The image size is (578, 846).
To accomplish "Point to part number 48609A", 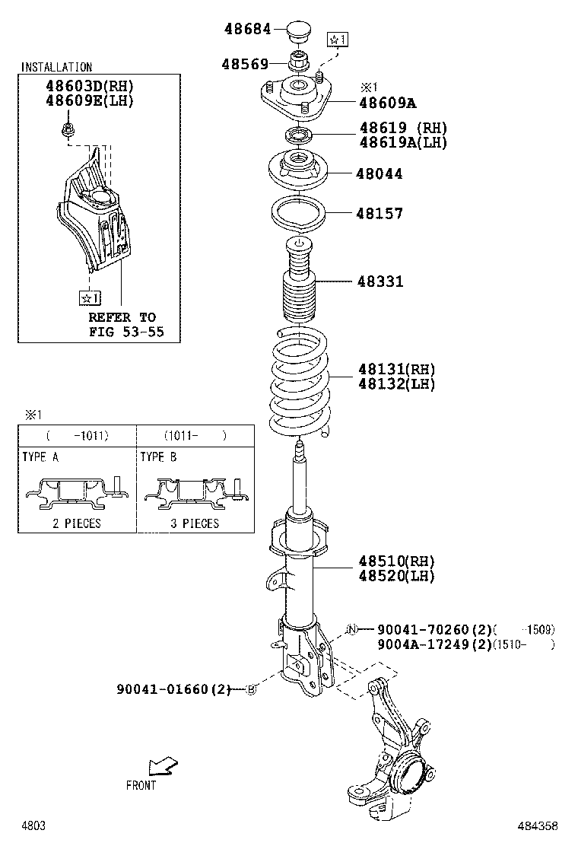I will pos(388,103).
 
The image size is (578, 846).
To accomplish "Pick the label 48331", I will pos(380,281).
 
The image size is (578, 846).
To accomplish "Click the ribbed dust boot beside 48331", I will pos(298,293).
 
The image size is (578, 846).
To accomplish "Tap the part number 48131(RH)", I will pos(396,370).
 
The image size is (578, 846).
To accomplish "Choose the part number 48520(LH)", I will pos(396,576).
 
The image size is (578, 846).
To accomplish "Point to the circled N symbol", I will pos(351,629).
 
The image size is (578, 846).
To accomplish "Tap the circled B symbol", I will pos(251,689).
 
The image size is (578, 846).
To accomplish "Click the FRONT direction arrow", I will pos(162,765).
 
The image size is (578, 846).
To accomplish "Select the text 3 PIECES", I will pos(189,523).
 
